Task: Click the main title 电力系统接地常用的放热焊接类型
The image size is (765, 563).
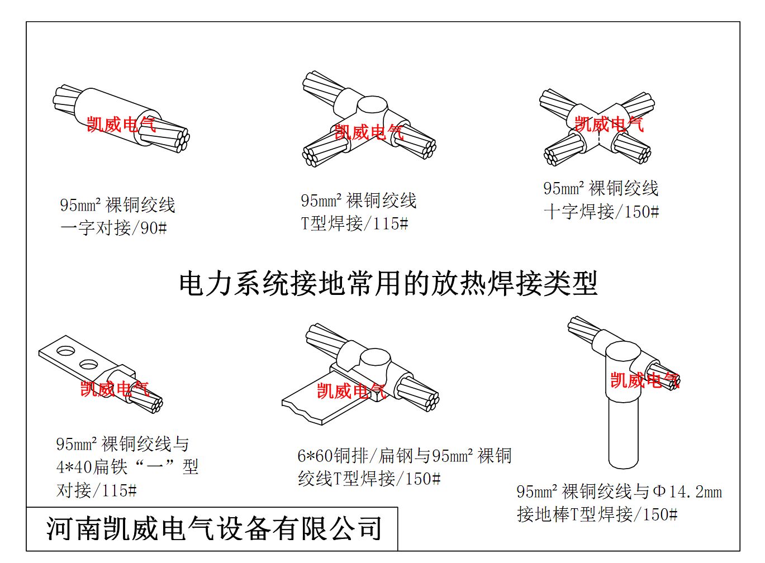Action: pos(388,284)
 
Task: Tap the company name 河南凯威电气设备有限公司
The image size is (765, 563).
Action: pos(214,529)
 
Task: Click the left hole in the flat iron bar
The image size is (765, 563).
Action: pos(66,351)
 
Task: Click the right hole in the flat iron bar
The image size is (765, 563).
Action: pos(89,365)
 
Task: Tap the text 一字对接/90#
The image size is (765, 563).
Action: pos(113,228)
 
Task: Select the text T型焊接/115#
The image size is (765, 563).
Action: pos(355,223)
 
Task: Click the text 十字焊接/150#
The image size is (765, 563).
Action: pos(601,212)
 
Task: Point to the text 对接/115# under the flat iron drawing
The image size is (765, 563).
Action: pos(97,490)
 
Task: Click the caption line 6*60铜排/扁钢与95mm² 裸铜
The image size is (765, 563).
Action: pos(404,456)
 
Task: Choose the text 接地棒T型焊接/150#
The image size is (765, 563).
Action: pos(597,514)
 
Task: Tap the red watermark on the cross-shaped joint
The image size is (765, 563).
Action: pos(609,124)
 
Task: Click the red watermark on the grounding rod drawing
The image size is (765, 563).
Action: pos(644,380)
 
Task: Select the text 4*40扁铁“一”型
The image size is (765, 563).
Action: pos(127,466)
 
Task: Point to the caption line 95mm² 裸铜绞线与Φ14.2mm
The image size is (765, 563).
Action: pos(619,492)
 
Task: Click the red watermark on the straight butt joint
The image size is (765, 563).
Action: pos(121,124)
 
